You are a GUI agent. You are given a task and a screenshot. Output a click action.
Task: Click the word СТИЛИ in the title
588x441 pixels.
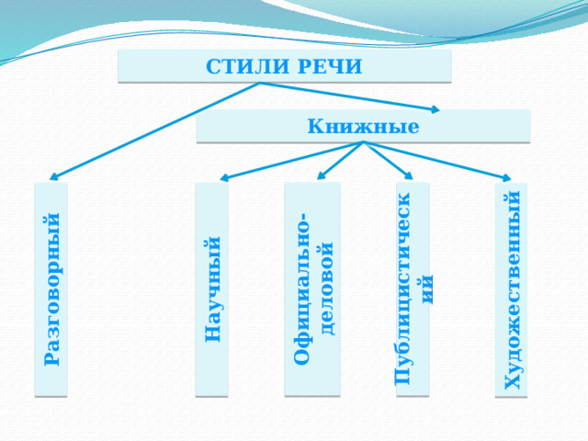tap(248, 66)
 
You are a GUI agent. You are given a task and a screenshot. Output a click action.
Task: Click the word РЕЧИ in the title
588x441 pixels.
tap(330, 66)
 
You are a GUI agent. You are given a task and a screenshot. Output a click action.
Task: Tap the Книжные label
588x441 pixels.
tap(363, 126)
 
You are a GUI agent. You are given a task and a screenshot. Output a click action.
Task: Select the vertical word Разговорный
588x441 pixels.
tap(51, 289)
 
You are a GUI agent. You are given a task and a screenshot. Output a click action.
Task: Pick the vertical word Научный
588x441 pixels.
tap(212, 289)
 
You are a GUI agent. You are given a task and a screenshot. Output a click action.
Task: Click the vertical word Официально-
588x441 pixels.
tap(301, 288)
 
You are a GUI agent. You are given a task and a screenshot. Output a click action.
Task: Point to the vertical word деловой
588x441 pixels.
tap(325, 288)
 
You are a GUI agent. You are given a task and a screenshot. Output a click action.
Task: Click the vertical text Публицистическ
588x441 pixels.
tap(402, 288)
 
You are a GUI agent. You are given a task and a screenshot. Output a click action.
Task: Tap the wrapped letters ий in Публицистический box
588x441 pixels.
tap(426, 289)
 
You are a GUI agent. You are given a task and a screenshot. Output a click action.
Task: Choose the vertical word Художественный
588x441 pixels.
tap(513, 290)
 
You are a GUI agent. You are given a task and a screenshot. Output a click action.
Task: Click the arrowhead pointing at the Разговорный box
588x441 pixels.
tap(53, 177)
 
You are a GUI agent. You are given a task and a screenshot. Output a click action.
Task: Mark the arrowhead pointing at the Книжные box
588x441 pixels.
tap(435, 109)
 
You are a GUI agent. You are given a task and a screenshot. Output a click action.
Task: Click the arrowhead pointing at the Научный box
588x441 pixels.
tap(224, 177)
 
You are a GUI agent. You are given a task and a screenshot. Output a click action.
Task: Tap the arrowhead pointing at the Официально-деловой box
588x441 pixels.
tap(321, 175)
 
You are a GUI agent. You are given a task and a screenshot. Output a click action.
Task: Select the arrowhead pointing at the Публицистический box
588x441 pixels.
tap(409, 175)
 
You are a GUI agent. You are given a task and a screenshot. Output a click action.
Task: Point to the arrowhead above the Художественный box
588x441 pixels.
tap(507, 177)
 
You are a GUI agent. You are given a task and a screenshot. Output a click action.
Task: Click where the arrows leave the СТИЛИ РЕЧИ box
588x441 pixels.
tap(259, 83)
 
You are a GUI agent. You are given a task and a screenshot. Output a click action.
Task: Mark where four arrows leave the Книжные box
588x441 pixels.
tap(363, 142)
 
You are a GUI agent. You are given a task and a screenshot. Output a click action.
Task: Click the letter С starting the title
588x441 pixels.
tap(212, 66)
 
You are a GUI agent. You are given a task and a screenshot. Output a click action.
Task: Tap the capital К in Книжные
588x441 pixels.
tap(315, 126)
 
